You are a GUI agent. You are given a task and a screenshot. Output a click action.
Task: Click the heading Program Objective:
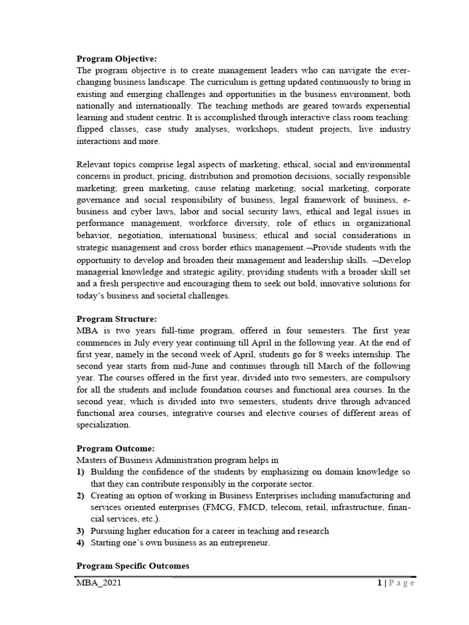coord(116,59)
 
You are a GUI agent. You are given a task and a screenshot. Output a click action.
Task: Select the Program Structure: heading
coord(116,319)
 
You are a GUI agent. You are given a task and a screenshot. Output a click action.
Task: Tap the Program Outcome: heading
coord(115,448)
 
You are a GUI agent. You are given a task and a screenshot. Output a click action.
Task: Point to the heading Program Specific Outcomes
coord(133,566)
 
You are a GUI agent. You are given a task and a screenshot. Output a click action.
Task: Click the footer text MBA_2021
coord(98,583)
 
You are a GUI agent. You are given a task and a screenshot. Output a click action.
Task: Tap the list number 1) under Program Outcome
coord(81,472)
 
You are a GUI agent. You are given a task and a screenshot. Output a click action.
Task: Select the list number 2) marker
coord(81,495)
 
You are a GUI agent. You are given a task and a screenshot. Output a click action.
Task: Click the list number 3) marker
coord(81,530)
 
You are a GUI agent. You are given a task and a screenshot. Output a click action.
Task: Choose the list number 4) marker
coord(81,542)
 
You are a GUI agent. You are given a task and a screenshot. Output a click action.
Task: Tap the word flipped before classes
coord(90,129)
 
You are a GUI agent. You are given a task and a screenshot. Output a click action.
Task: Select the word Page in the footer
coord(402,583)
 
